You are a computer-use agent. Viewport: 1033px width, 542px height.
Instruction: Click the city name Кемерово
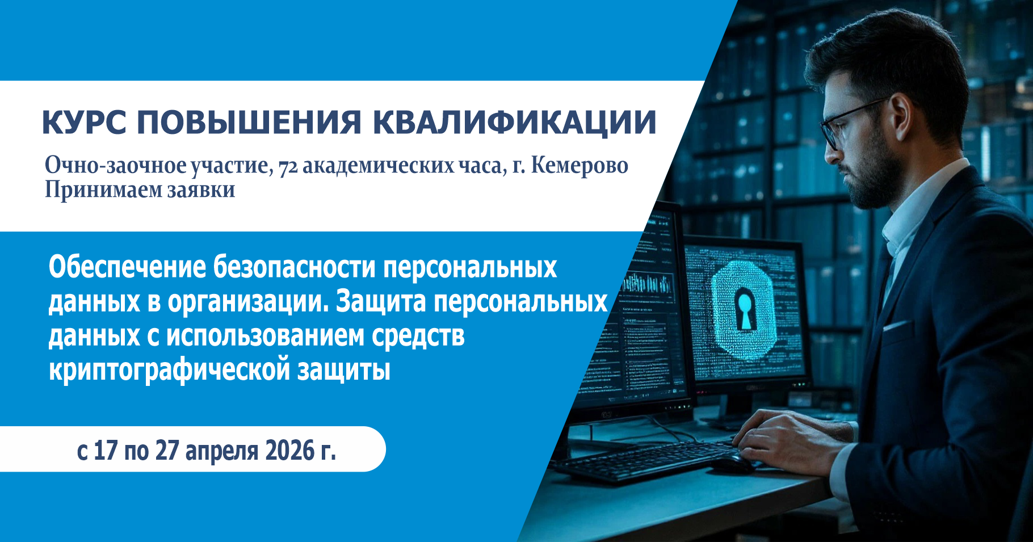pos(580,166)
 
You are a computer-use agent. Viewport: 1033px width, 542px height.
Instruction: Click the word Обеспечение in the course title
pos(127,267)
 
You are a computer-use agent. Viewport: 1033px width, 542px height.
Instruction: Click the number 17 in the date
pos(106,451)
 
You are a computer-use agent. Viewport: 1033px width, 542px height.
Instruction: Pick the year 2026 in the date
pos(290,451)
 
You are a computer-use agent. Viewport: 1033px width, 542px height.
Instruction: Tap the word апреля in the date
pos(222,452)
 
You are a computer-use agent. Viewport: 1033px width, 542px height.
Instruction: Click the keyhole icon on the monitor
pos(744,308)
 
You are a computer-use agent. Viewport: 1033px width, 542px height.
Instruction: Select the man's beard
pos(877,176)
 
